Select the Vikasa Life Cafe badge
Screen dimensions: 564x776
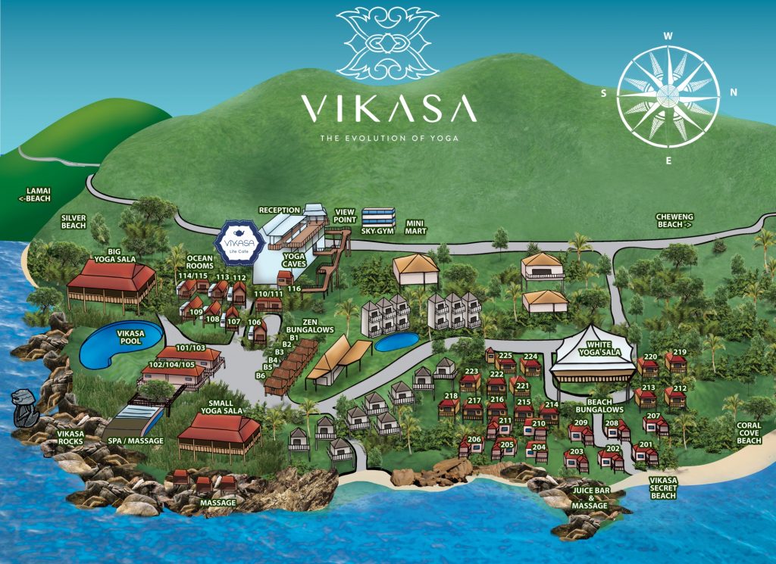239,241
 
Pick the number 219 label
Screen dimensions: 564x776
679,351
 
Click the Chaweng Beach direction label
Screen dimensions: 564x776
674,220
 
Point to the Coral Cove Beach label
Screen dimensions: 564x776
749,433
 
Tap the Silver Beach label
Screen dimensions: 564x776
74,221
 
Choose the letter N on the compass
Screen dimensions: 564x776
733,93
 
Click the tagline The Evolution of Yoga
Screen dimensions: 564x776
389,139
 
